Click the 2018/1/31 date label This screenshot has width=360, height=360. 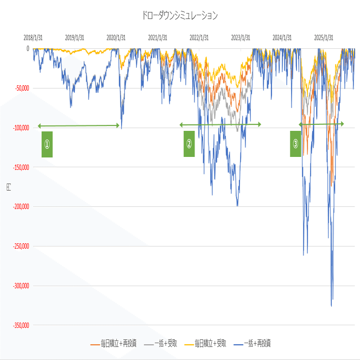click(x=33, y=38)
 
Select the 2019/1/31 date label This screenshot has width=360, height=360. click(x=74, y=38)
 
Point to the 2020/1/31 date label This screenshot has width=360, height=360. click(x=116, y=38)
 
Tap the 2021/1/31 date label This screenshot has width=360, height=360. click(x=157, y=38)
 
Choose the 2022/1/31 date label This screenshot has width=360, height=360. click(x=199, y=38)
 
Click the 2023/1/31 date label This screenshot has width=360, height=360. click(x=241, y=38)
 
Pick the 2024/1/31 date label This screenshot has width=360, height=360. click(x=282, y=38)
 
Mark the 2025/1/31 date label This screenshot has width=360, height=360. click(x=324, y=38)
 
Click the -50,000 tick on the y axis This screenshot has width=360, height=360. click(x=19, y=88)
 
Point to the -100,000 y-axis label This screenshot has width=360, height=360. click(x=18, y=128)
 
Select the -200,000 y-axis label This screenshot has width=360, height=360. click(x=18, y=206)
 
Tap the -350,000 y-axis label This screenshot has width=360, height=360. click(x=18, y=325)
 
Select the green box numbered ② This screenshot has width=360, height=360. click(x=189, y=144)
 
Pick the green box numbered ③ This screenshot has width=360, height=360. click(x=295, y=144)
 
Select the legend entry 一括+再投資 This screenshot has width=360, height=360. click(x=257, y=344)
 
